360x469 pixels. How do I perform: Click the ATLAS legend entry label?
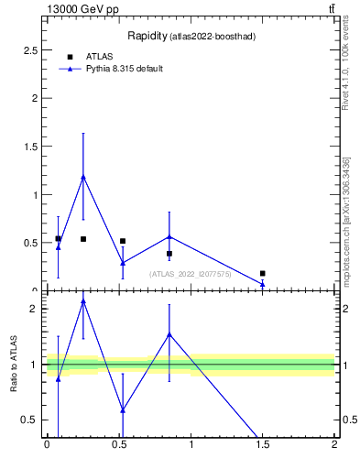(x=99, y=57)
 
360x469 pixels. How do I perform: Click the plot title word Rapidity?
(x=145, y=36)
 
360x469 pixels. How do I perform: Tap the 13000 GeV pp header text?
(x=82, y=9)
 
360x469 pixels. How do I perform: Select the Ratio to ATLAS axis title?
(x=15, y=365)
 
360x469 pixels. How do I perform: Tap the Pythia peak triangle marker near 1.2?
(x=83, y=177)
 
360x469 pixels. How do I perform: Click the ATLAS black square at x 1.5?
(x=263, y=273)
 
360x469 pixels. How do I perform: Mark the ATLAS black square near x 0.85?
(x=169, y=254)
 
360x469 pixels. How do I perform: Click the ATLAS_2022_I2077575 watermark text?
(x=191, y=274)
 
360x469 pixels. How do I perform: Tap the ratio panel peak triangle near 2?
(x=83, y=300)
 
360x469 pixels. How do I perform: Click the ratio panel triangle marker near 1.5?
(x=169, y=334)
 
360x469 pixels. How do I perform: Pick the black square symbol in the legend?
(x=70, y=57)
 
